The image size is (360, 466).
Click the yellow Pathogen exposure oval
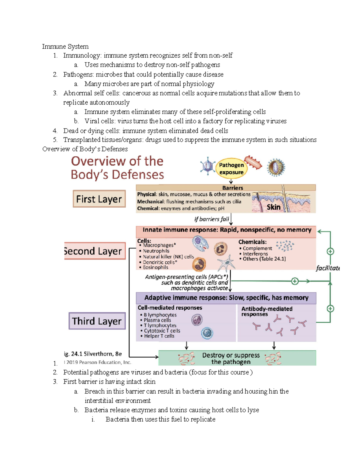tap(231, 168)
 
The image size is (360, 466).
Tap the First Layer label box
tap(99, 199)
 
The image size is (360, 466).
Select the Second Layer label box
tap(94, 251)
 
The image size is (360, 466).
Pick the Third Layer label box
tap(97, 321)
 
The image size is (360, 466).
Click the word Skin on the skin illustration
tap(273, 207)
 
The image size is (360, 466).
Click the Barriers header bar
tap(232, 188)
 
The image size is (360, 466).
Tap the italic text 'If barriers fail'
tap(211, 219)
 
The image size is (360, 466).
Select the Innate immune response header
tap(226, 230)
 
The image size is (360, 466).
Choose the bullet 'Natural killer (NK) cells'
tap(168, 257)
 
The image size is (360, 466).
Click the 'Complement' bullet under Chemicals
tap(257, 248)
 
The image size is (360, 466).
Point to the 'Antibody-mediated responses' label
tap(266, 311)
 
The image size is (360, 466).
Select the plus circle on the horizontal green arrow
tap(295, 281)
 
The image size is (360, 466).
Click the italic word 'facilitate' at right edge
tap(327, 268)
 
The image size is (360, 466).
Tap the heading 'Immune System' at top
tap(65, 47)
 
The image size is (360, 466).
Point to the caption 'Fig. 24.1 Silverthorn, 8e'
tap(93, 354)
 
